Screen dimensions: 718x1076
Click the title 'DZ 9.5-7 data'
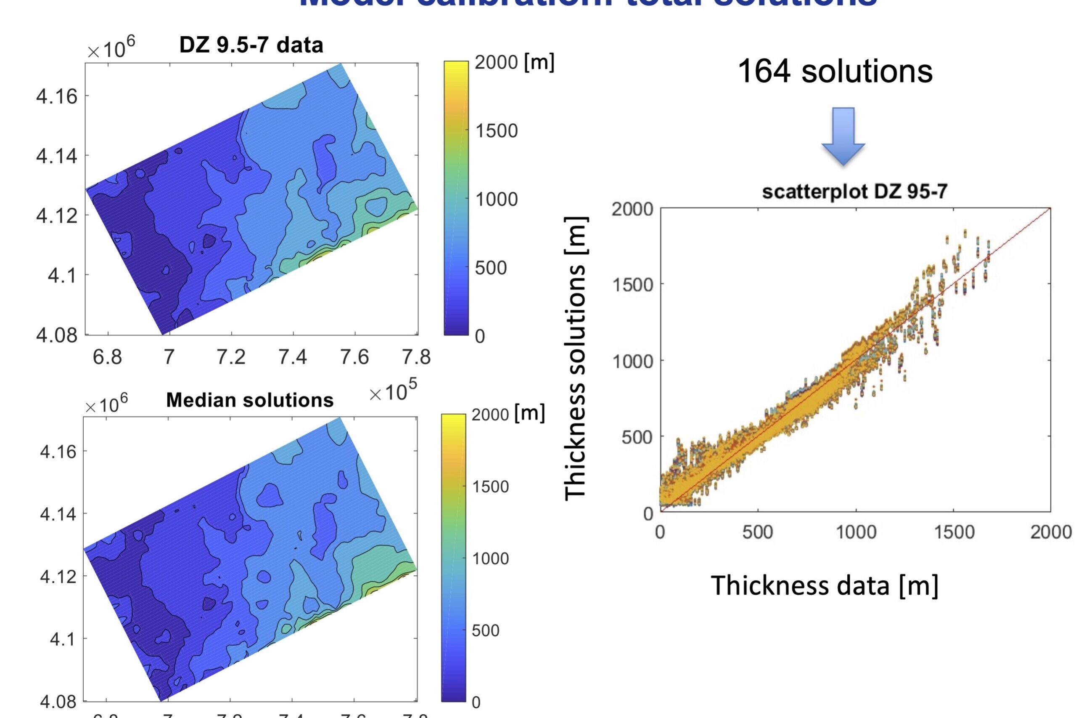click(251, 45)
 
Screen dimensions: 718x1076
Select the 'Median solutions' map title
click(250, 400)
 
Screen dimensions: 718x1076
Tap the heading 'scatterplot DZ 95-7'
click(854, 192)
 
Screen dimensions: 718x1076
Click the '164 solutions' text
click(835, 72)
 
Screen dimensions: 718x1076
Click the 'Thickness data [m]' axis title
click(825, 586)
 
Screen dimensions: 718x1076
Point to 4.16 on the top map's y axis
click(57, 96)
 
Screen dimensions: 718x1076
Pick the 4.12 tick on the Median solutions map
click(58, 577)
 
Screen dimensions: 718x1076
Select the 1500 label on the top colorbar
click(496, 131)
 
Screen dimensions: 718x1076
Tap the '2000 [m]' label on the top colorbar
click(514, 62)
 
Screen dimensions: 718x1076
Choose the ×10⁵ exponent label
click(393, 392)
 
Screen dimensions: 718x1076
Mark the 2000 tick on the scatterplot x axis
click(1050, 532)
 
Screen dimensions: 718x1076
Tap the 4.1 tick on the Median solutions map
click(62, 639)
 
